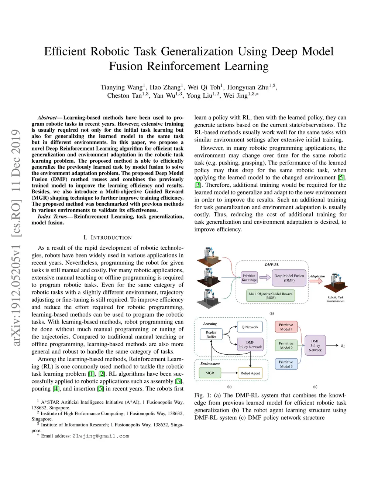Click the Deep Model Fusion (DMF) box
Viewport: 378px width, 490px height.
point(289,278)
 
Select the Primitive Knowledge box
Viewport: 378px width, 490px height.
point(249,278)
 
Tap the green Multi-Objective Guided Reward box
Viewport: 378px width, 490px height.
point(271,295)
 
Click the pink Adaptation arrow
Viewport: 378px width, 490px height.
point(316,281)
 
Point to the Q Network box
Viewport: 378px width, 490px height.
point(250,327)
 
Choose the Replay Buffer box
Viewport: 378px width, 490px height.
point(211,334)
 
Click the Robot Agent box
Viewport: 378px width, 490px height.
point(250,373)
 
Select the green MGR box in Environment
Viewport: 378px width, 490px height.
point(210,373)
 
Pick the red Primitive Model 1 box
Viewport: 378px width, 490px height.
point(286,327)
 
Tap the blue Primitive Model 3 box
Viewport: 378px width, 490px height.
point(286,364)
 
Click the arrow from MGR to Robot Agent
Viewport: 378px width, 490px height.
point(229,373)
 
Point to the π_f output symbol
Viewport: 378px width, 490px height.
point(343,346)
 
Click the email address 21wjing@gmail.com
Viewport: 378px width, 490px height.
point(101,436)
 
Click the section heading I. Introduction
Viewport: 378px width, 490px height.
point(107,237)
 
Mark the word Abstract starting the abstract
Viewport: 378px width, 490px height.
point(47,118)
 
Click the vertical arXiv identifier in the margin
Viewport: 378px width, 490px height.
point(16,237)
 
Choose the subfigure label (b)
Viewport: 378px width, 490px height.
point(229,387)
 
